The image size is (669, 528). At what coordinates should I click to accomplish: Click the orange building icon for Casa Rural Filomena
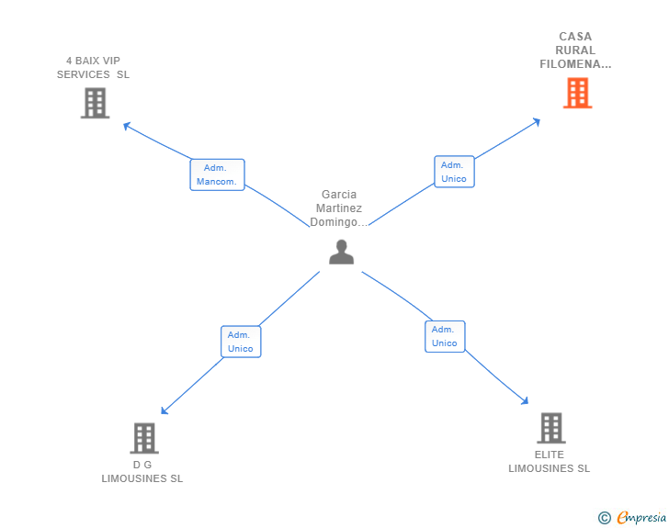click(577, 93)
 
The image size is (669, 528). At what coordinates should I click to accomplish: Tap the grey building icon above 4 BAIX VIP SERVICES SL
click(96, 103)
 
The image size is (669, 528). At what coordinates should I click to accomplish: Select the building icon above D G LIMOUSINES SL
click(144, 438)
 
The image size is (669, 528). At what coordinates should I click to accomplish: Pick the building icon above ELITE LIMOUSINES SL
click(551, 428)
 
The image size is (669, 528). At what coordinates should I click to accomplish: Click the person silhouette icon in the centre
click(341, 252)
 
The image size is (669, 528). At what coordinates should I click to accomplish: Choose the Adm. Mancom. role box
click(217, 174)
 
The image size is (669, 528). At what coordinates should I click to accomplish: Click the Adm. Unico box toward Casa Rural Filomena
click(454, 172)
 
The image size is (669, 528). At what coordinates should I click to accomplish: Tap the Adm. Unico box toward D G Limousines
click(241, 342)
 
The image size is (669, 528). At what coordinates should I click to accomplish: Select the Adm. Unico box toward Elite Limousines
click(445, 336)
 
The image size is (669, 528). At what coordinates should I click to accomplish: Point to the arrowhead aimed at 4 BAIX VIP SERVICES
click(126, 126)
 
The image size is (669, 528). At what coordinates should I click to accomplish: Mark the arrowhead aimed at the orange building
click(538, 122)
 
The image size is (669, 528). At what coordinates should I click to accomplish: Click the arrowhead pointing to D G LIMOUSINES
click(164, 410)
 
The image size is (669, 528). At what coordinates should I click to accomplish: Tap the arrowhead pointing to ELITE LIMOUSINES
click(525, 400)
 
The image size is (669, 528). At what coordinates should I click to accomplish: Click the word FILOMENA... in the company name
click(575, 64)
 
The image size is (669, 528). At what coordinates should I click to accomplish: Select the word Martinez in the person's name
click(339, 208)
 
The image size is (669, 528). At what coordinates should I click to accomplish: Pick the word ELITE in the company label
click(550, 455)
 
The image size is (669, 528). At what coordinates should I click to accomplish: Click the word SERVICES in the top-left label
click(84, 74)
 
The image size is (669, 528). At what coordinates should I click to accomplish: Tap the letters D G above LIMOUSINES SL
click(142, 465)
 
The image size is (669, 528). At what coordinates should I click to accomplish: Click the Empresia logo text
click(641, 518)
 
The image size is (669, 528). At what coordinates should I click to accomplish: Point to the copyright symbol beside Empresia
click(604, 518)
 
